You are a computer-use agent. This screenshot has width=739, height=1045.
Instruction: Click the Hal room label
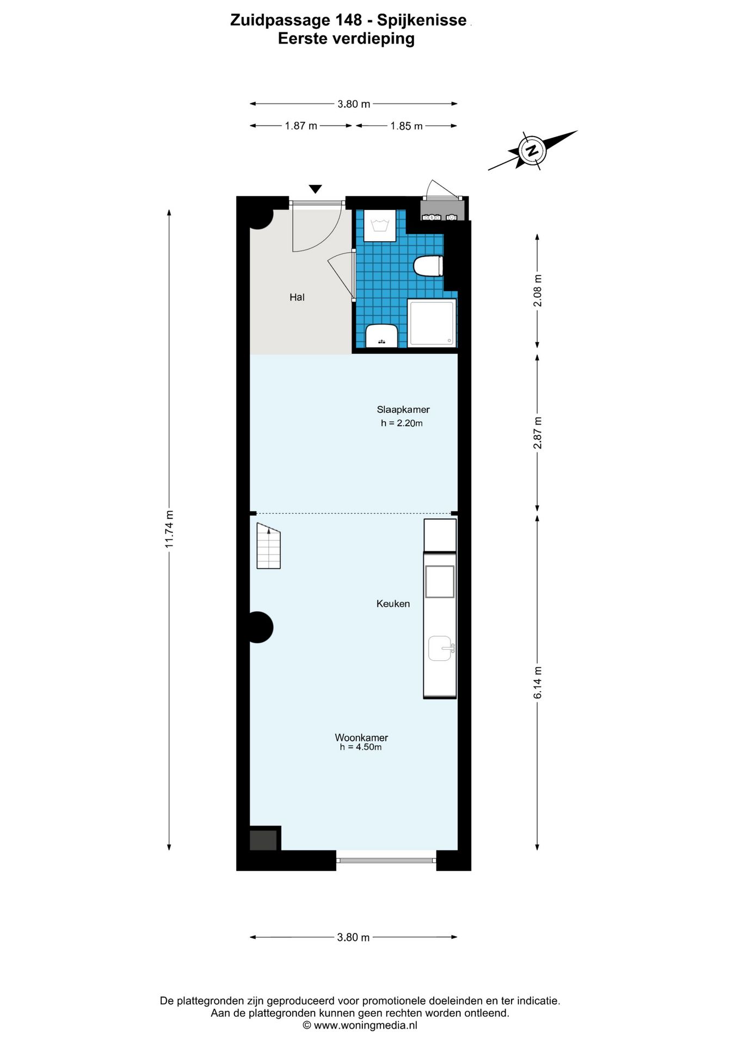[x=297, y=297]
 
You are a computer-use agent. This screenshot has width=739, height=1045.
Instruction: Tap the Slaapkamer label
[x=403, y=409]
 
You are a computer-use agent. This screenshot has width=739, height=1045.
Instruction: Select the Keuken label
[x=393, y=604]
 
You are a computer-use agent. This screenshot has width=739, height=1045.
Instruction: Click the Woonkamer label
[x=361, y=737]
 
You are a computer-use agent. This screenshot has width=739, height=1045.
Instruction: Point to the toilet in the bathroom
[x=429, y=266]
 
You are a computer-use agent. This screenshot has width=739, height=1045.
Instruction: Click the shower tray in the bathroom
[x=432, y=322]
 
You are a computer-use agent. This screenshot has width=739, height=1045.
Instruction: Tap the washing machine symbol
[x=379, y=225]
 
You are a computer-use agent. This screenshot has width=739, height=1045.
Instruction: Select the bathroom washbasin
[x=381, y=335]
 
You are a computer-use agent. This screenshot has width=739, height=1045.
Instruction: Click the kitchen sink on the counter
[x=440, y=648]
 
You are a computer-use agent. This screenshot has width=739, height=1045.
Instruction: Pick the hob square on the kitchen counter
[x=440, y=581]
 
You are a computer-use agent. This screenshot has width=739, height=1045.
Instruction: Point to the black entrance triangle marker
[x=315, y=189]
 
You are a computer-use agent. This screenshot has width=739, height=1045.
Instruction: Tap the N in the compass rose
[x=532, y=150]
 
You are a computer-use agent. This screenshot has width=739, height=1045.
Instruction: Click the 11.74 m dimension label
[x=169, y=528]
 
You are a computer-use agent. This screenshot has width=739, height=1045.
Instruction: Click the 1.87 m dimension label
[x=300, y=126]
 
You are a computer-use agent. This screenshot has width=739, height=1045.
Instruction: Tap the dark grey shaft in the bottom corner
[x=263, y=839]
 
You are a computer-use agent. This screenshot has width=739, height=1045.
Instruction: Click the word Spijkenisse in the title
[x=422, y=20]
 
